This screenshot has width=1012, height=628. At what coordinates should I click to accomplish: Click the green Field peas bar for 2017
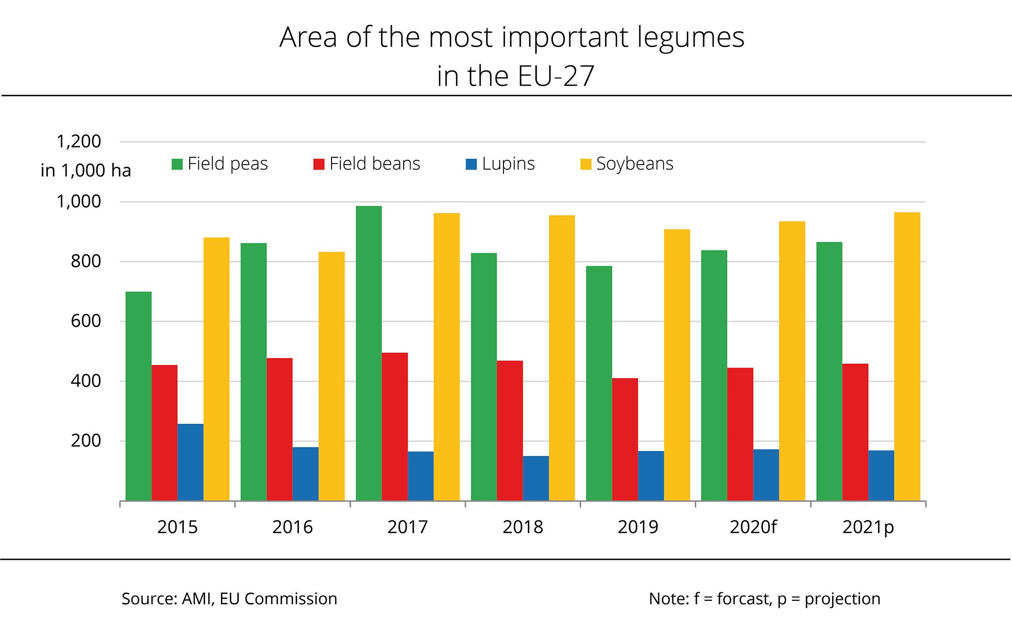[x=369, y=353]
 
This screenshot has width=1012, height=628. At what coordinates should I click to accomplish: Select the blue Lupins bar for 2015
[x=190, y=462]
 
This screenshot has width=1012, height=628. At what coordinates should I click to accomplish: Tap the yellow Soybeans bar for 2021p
[x=907, y=356]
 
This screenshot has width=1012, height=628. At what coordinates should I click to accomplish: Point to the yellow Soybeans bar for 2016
[x=332, y=376]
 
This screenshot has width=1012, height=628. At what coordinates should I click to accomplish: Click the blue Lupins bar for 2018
[x=536, y=478]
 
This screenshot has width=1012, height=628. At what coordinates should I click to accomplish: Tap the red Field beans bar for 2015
[x=165, y=432]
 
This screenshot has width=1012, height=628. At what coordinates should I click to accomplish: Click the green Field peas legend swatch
[x=177, y=164]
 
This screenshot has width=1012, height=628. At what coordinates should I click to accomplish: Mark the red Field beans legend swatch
[x=319, y=164]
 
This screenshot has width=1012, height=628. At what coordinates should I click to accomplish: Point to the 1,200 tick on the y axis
[x=79, y=142]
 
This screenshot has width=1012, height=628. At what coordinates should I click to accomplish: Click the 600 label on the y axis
[x=85, y=321]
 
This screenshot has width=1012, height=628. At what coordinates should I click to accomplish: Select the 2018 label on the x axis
[x=523, y=527]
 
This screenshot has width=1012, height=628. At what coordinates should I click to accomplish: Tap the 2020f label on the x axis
[x=753, y=527]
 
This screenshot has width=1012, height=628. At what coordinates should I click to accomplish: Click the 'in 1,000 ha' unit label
[x=86, y=171]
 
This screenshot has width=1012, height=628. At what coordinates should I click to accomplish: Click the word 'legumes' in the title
[x=690, y=38]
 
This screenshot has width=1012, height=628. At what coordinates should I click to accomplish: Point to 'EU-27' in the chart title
[x=555, y=76]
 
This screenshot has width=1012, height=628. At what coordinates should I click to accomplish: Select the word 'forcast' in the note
[x=744, y=599]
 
